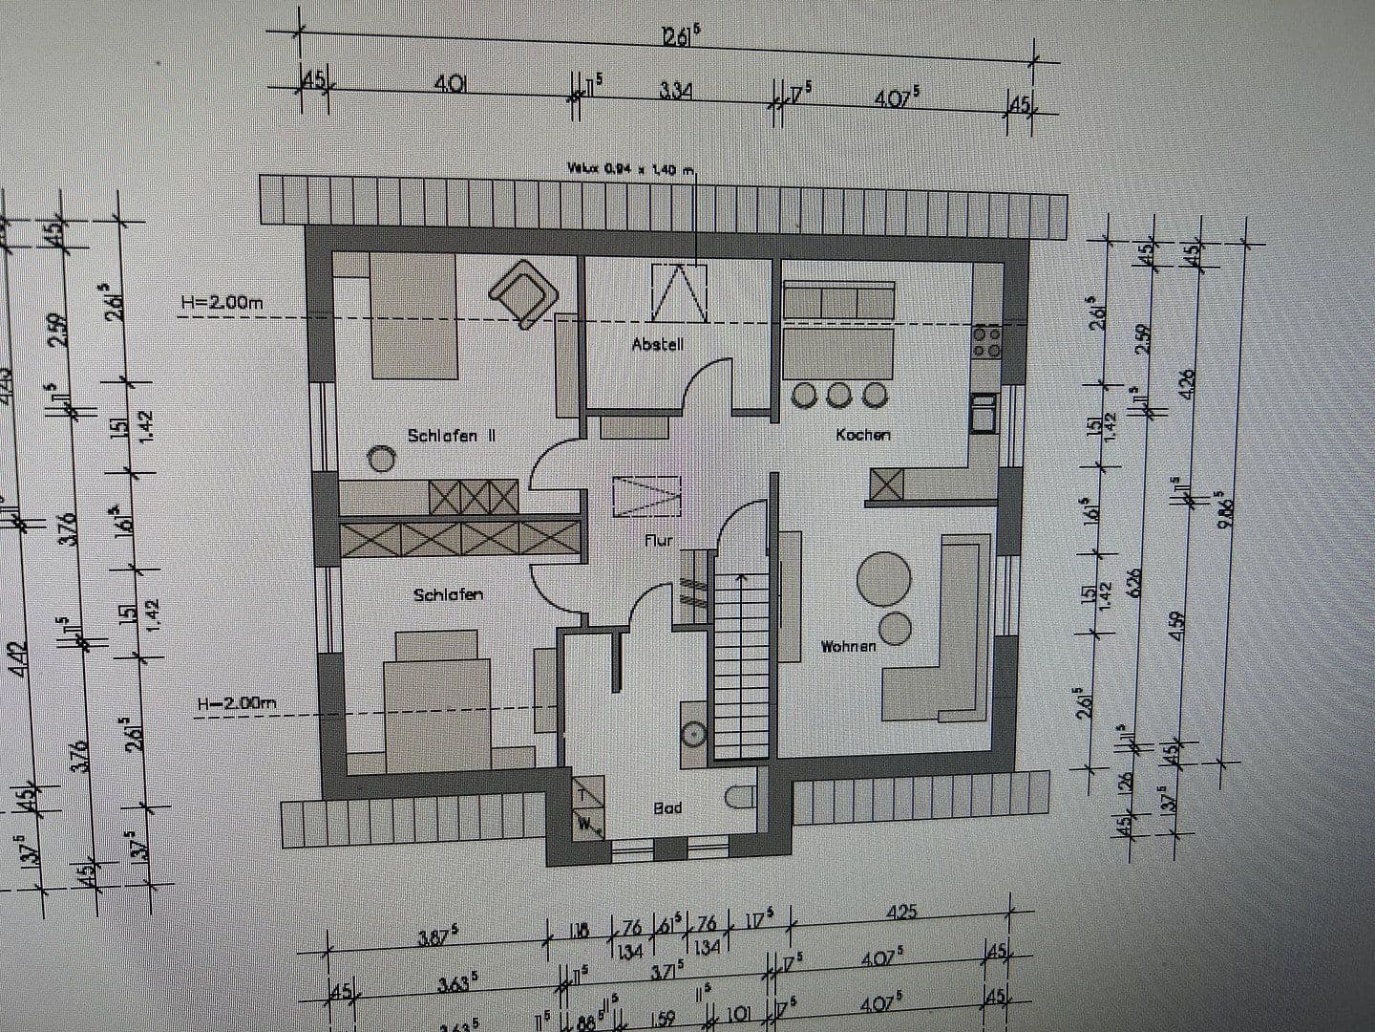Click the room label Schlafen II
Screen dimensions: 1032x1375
[x=452, y=436]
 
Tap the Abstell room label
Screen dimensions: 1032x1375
[x=658, y=344]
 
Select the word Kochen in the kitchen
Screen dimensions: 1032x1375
[x=862, y=435]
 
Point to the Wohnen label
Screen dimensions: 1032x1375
[x=848, y=647]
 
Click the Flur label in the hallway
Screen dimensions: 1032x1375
[x=659, y=541]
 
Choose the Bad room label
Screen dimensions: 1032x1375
[x=667, y=808]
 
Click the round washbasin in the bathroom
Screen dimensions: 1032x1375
[x=694, y=734]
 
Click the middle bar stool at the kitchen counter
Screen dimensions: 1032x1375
[x=838, y=394]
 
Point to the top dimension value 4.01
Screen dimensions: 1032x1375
[x=450, y=84]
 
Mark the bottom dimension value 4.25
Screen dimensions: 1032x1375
[x=900, y=912]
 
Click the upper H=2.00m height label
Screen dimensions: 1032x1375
[x=222, y=303]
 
